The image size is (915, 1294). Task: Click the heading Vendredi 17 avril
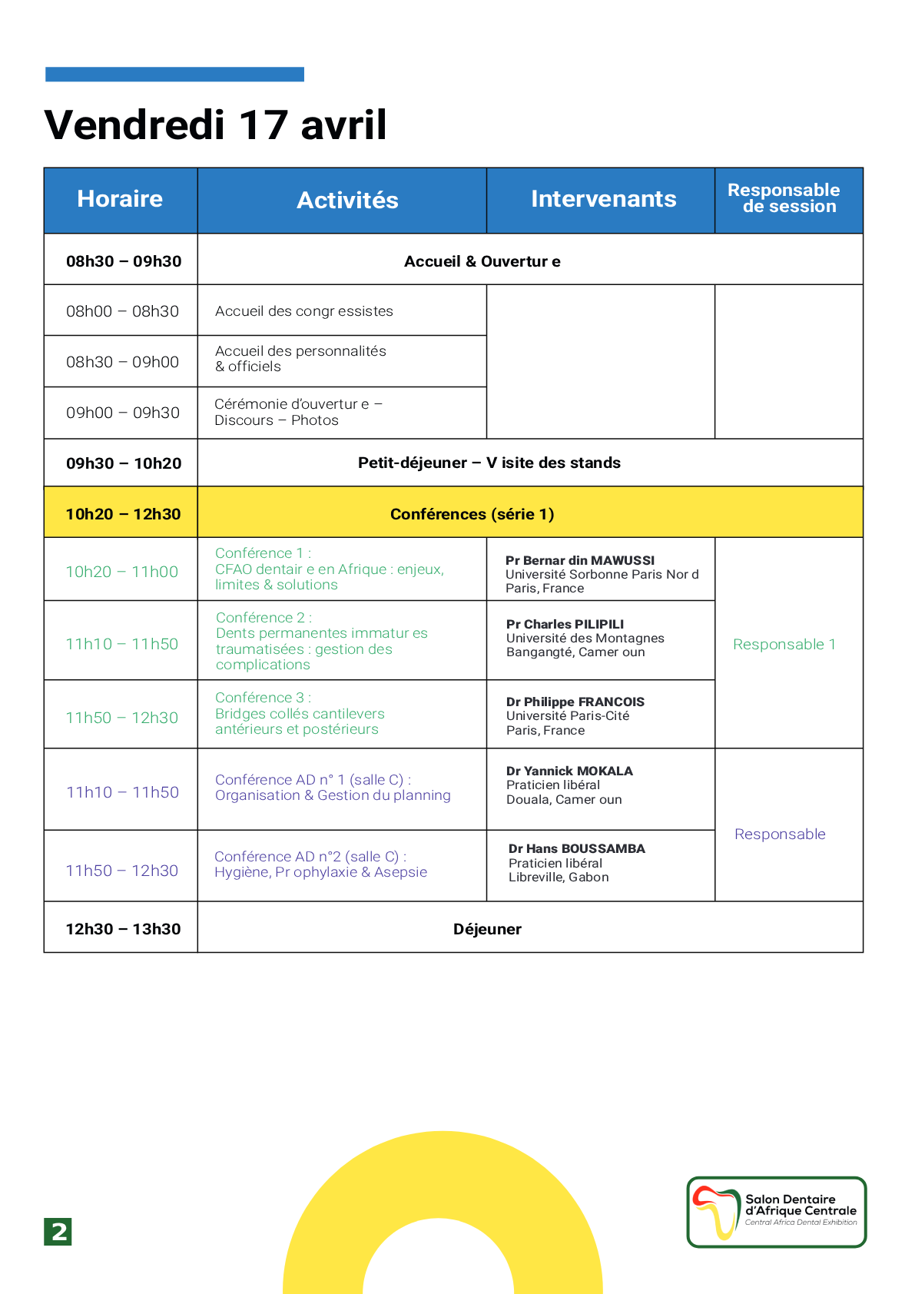pos(216,124)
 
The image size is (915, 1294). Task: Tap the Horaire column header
pos(120,199)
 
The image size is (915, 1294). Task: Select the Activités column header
pos(347,201)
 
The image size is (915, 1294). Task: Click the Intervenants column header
pos(603,199)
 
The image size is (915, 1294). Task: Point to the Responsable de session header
pos(784,198)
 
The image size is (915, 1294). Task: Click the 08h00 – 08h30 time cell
pos(122,311)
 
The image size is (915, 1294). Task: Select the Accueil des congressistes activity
pos(304,311)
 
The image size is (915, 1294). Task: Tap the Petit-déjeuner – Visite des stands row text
pos(489,463)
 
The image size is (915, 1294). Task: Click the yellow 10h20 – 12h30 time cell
pos(123,514)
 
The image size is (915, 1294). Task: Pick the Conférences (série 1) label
pos(472,514)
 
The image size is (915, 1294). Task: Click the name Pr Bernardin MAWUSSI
pos(580,560)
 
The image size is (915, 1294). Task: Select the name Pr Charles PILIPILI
pos(565,624)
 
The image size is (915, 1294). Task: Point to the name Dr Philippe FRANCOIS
pos(575,702)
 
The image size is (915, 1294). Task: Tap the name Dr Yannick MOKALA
pos(569,771)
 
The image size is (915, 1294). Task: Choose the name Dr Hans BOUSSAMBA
pos(577,848)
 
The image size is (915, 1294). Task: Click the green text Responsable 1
pos(784,645)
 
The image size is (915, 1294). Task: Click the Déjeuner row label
pos(487,929)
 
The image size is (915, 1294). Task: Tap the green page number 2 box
pos(58,1232)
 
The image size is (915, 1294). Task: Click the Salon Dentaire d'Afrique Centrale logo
pos(776,1212)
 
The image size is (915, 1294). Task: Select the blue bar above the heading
pos(174,74)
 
